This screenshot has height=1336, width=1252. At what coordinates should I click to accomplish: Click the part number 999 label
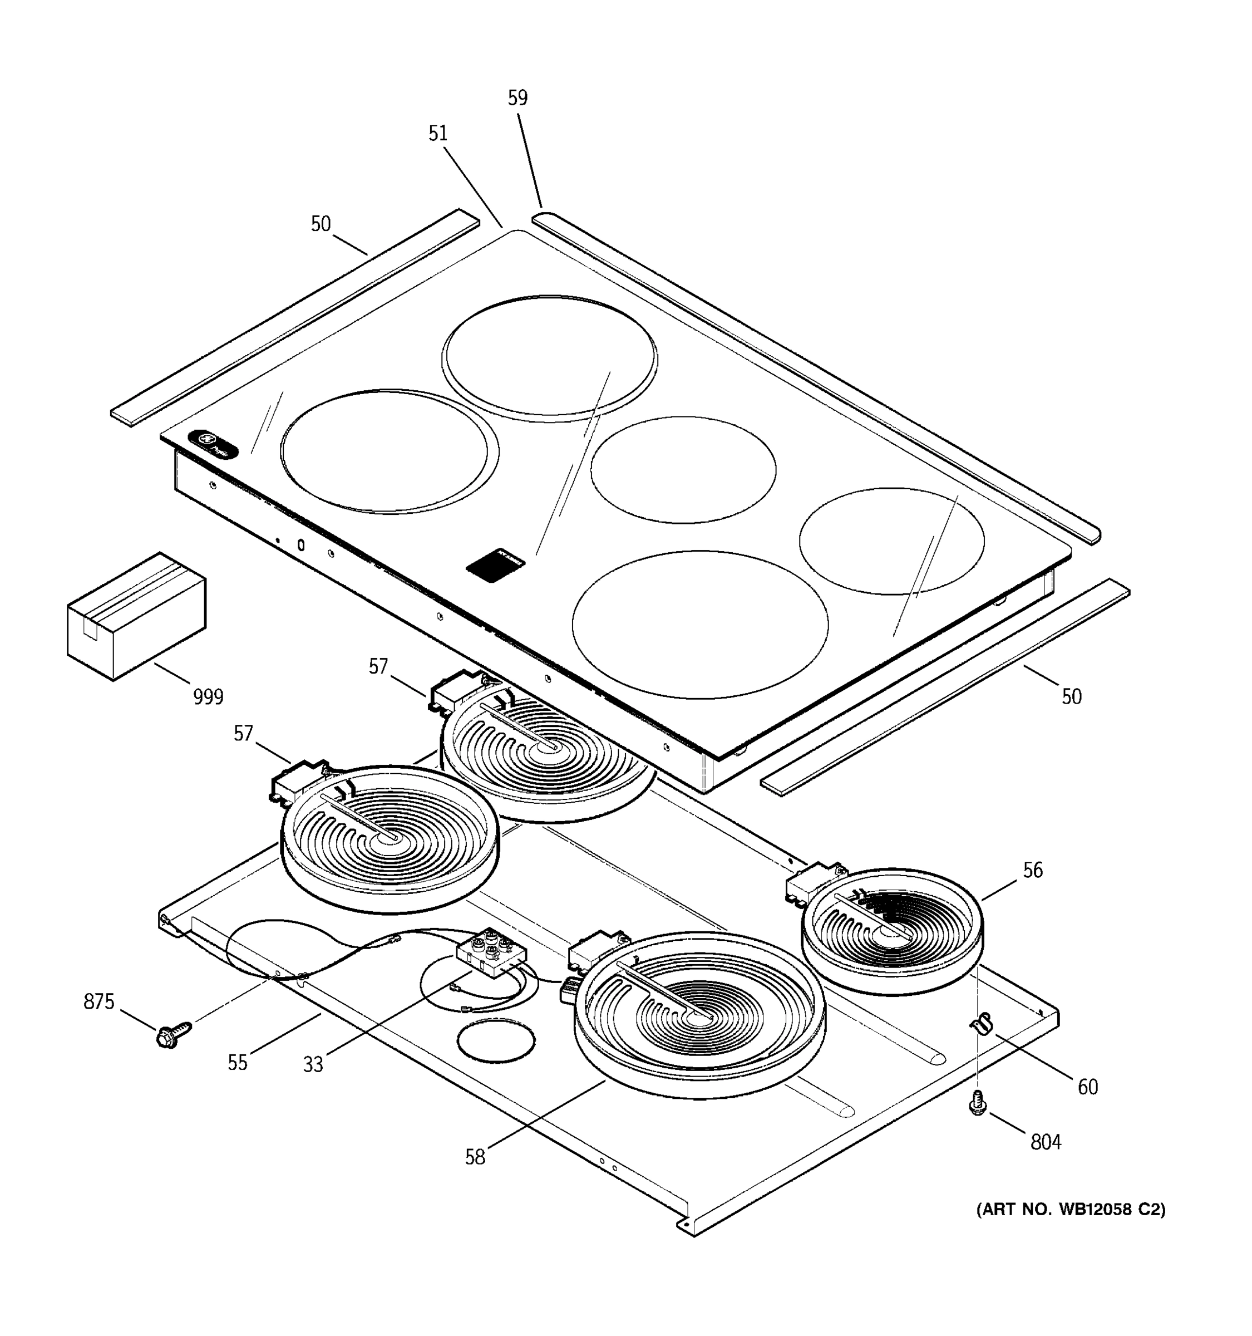(x=208, y=697)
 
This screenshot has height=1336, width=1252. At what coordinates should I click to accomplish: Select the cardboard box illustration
(x=136, y=616)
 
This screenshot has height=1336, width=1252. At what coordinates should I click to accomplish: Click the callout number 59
(x=517, y=98)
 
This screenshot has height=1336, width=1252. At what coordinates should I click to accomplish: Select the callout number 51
(x=438, y=134)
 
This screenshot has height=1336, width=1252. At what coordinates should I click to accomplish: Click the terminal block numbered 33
(x=491, y=953)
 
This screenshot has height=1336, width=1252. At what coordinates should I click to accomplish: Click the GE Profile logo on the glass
(x=213, y=444)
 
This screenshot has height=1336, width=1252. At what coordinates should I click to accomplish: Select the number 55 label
(x=237, y=1063)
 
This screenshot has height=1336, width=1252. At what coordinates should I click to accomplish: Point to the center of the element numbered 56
(x=893, y=931)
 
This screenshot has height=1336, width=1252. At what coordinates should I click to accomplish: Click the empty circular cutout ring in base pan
(x=496, y=1043)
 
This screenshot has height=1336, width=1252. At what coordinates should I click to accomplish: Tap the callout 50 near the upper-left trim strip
(x=321, y=224)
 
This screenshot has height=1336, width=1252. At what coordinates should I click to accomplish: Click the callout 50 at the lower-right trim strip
(x=1071, y=697)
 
